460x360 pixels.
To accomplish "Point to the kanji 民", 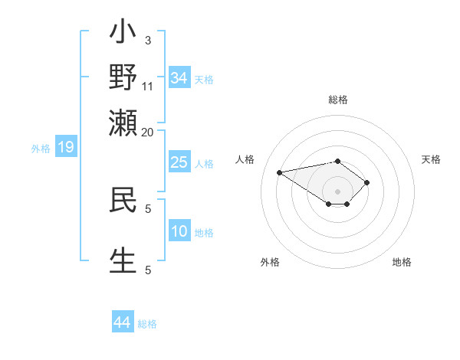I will tap(123, 198).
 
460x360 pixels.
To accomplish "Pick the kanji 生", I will tap(123, 259).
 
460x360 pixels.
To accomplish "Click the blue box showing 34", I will tap(179, 77).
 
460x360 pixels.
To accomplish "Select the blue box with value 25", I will tap(179, 162).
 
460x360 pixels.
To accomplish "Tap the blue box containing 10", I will tap(179, 232).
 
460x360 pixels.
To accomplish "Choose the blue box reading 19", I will tap(66, 148).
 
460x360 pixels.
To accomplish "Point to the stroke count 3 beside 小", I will tap(147, 40).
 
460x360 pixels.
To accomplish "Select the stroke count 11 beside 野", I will tap(148, 86).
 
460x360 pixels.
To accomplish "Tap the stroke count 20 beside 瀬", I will tap(148, 132).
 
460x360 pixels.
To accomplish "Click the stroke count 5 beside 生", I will tap(148, 270).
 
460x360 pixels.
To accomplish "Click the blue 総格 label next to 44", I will tap(147, 324).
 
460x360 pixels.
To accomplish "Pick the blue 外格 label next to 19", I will tap(41, 149).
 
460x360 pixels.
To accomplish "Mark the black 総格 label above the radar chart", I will tap(338, 100).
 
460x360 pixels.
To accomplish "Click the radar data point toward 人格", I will tap(280, 172).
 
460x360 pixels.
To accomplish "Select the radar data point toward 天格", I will tap(367, 182).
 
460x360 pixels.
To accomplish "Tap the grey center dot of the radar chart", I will tap(338, 191).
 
